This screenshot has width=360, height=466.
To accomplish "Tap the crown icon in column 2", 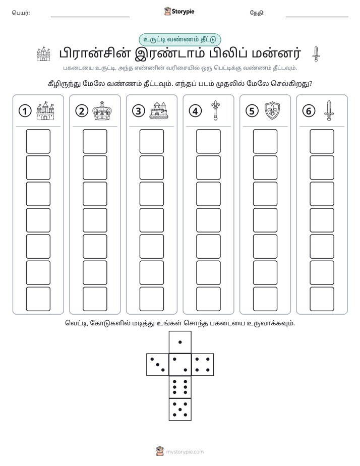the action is [x=102, y=110].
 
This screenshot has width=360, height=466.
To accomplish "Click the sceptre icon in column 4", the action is [x=215, y=110].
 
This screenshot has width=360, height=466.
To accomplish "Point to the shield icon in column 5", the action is [x=272, y=110].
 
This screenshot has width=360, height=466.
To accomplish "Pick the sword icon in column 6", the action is [x=329, y=110].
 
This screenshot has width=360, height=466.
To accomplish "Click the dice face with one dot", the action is [x=180, y=342].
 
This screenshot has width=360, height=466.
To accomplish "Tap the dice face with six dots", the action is [x=180, y=387].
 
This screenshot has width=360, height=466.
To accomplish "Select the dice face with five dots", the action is [x=180, y=410].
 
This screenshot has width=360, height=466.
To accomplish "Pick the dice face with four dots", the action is [x=203, y=365].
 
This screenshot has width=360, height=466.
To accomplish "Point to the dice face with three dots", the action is [x=158, y=365].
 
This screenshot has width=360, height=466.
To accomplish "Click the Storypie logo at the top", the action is [x=179, y=12].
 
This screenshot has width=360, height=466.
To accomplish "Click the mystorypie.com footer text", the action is [x=185, y=452].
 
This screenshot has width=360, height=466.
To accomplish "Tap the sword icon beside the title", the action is [x=316, y=54].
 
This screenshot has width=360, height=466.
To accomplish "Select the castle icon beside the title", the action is [x=43, y=54].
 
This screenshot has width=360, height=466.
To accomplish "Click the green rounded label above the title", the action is [x=180, y=39].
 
